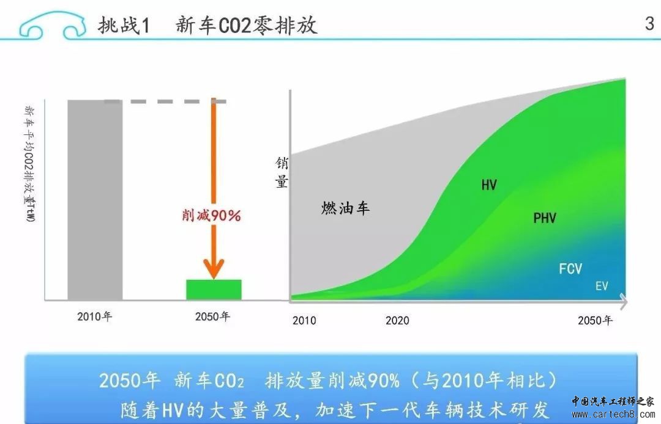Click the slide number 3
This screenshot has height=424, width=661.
649,23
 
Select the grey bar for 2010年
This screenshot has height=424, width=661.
95,200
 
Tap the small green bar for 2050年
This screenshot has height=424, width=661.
214,290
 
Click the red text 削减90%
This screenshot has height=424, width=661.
211,216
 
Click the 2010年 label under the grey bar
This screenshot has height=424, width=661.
94,316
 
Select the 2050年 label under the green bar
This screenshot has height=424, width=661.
212,316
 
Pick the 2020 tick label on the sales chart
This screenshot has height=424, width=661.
397,321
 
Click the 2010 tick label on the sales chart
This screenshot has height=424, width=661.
304,321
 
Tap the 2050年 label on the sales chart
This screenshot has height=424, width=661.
595,321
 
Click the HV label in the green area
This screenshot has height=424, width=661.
489,185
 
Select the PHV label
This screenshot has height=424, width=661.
545,218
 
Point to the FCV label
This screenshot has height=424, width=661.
570,269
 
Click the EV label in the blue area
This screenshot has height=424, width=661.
602,286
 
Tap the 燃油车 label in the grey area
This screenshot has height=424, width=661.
345,208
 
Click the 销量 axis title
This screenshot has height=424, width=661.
282,172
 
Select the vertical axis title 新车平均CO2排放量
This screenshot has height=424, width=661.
29,164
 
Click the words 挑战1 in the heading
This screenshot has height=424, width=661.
124,25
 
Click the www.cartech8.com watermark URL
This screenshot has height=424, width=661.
613,414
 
